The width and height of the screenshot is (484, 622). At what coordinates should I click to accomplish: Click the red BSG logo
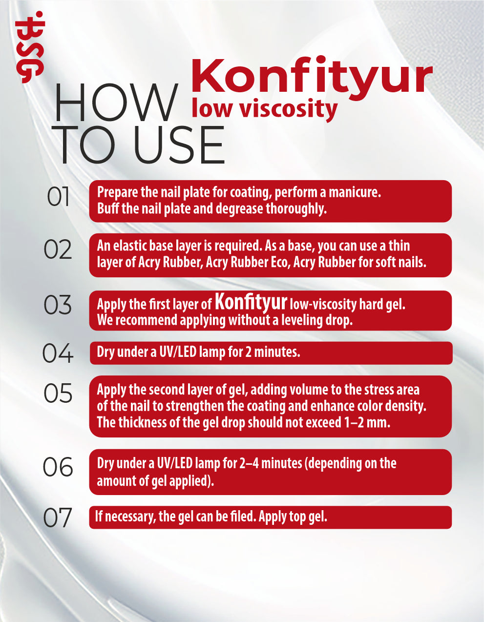pos(30,47)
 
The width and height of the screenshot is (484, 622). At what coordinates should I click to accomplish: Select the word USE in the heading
pos(179,145)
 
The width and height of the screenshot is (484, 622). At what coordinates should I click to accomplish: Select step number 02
pos(58,249)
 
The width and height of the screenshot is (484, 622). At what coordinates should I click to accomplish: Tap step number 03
pos(58,305)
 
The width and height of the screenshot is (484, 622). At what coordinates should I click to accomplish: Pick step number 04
pos(58,353)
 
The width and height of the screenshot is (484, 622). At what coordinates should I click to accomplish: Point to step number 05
pos(58,394)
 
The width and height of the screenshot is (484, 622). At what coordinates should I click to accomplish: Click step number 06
pos(58,467)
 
